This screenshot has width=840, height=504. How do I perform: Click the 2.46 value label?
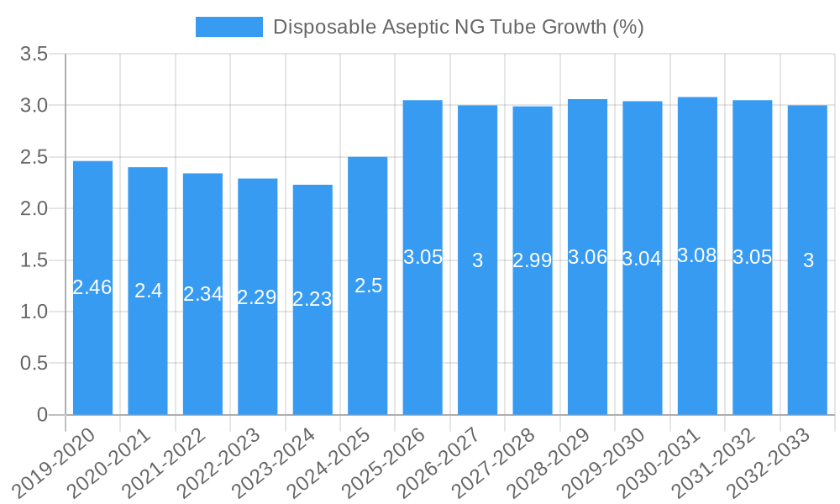point(92,287)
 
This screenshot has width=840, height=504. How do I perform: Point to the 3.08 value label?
point(697,256)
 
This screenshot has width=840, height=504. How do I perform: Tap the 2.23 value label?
point(312,299)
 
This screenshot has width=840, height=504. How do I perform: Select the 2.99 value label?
point(533,260)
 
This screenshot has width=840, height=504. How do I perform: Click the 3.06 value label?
point(587,258)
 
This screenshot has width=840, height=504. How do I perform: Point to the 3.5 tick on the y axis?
point(34,55)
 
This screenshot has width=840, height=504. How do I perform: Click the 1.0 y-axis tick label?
point(34,312)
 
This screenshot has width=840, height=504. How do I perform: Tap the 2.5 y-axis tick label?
point(34,158)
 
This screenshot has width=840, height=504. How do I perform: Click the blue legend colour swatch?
point(228,27)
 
